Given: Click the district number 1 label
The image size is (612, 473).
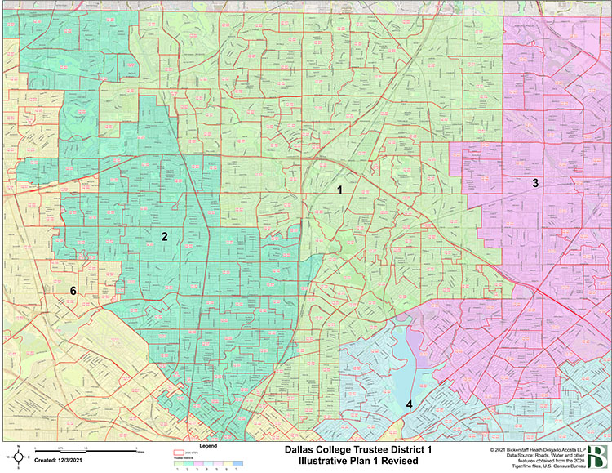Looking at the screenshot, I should pyautogui.click(x=339, y=190).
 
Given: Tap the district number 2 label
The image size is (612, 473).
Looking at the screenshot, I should pyautogui.click(x=165, y=236).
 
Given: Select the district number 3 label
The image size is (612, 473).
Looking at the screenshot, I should pyautogui.click(x=535, y=183).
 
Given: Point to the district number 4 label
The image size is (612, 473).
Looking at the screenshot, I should pyautogui.click(x=409, y=404).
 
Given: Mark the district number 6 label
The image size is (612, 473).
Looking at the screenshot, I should pyautogui.click(x=73, y=291).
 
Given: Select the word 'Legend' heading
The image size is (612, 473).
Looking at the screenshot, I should pyautogui.click(x=210, y=446).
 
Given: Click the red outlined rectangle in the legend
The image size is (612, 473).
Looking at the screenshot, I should pyautogui.click(x=180, y=453).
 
